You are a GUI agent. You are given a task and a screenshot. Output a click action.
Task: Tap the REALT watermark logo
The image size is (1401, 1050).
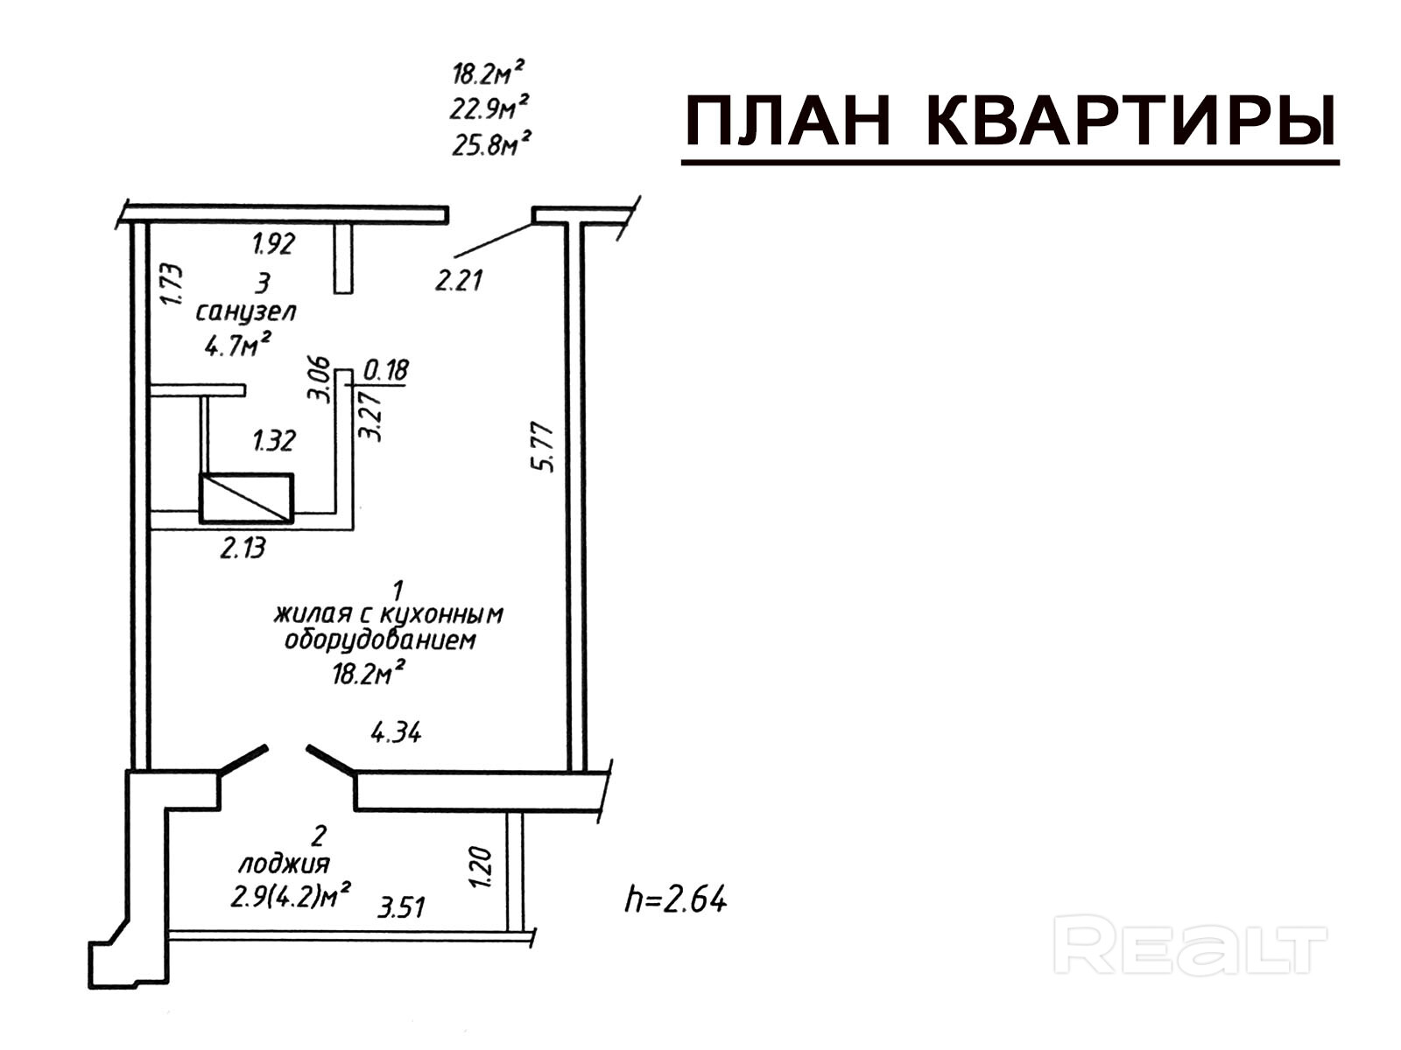pos(1191,945)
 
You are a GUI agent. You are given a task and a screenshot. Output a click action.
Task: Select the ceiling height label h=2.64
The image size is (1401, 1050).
pos(675,899)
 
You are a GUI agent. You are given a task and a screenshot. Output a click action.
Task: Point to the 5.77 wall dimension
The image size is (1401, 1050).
pos(545,447)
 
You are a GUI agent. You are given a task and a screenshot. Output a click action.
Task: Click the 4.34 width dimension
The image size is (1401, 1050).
pos(396,731)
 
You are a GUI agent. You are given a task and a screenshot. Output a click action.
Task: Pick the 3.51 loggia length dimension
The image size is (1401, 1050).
pos(401,906)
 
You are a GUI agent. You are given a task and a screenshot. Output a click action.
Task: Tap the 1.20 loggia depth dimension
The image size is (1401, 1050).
pos(482,866)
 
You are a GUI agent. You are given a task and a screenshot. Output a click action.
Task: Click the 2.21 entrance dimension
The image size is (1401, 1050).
pos(460,281)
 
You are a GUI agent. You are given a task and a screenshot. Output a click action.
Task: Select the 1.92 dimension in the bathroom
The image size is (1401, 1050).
pos(273,243)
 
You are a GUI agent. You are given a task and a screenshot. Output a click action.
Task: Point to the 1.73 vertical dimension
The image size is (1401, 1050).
pos(172,284)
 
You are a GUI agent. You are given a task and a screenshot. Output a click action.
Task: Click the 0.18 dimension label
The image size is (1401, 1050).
pos(385,370)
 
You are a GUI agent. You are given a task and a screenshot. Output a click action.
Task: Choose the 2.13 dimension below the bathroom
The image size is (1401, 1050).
pos(242,549)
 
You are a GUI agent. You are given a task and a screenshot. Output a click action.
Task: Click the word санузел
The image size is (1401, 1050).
pos(246,311)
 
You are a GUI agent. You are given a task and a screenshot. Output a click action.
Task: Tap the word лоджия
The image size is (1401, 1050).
pos(285,864)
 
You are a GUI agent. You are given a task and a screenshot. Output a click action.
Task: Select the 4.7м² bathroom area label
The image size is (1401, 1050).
pos(237,345)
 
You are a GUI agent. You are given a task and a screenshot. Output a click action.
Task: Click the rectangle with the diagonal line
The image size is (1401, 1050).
pos(246,498)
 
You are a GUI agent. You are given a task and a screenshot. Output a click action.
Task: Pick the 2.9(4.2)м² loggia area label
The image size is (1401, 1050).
pos(291,896)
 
